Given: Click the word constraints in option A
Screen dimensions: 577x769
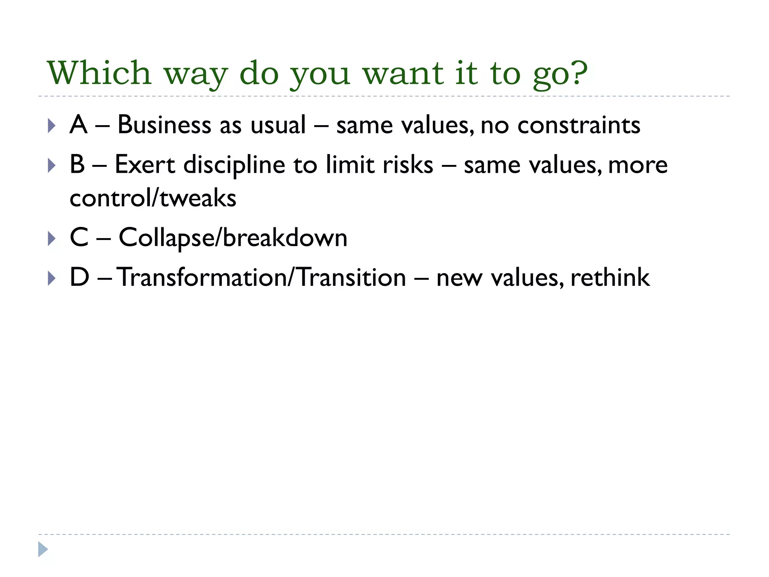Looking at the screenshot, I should [x=579, y=125].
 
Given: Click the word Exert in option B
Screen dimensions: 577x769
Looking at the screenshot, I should [x=145, y=165].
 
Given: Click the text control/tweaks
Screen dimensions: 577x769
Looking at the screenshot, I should [x=153, y=198].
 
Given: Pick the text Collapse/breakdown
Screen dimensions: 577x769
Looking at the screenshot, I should [x=233, y=238].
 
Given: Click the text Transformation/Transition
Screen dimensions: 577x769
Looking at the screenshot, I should [x=261, y=277].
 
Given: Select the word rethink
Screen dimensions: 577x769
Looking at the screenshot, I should [x=610, y=277].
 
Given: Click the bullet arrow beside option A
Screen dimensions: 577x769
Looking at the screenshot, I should [x=52, y=125].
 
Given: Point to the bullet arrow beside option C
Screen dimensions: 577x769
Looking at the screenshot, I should [x=52, y=239].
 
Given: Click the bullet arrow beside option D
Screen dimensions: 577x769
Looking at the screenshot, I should [x=52, y=278].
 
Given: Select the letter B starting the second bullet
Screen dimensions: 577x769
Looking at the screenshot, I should [x=77, y=165].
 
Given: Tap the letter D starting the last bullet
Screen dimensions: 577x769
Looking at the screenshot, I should [x=79, y=277].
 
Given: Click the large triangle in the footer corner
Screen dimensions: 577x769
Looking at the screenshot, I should [x=43, y=549].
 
